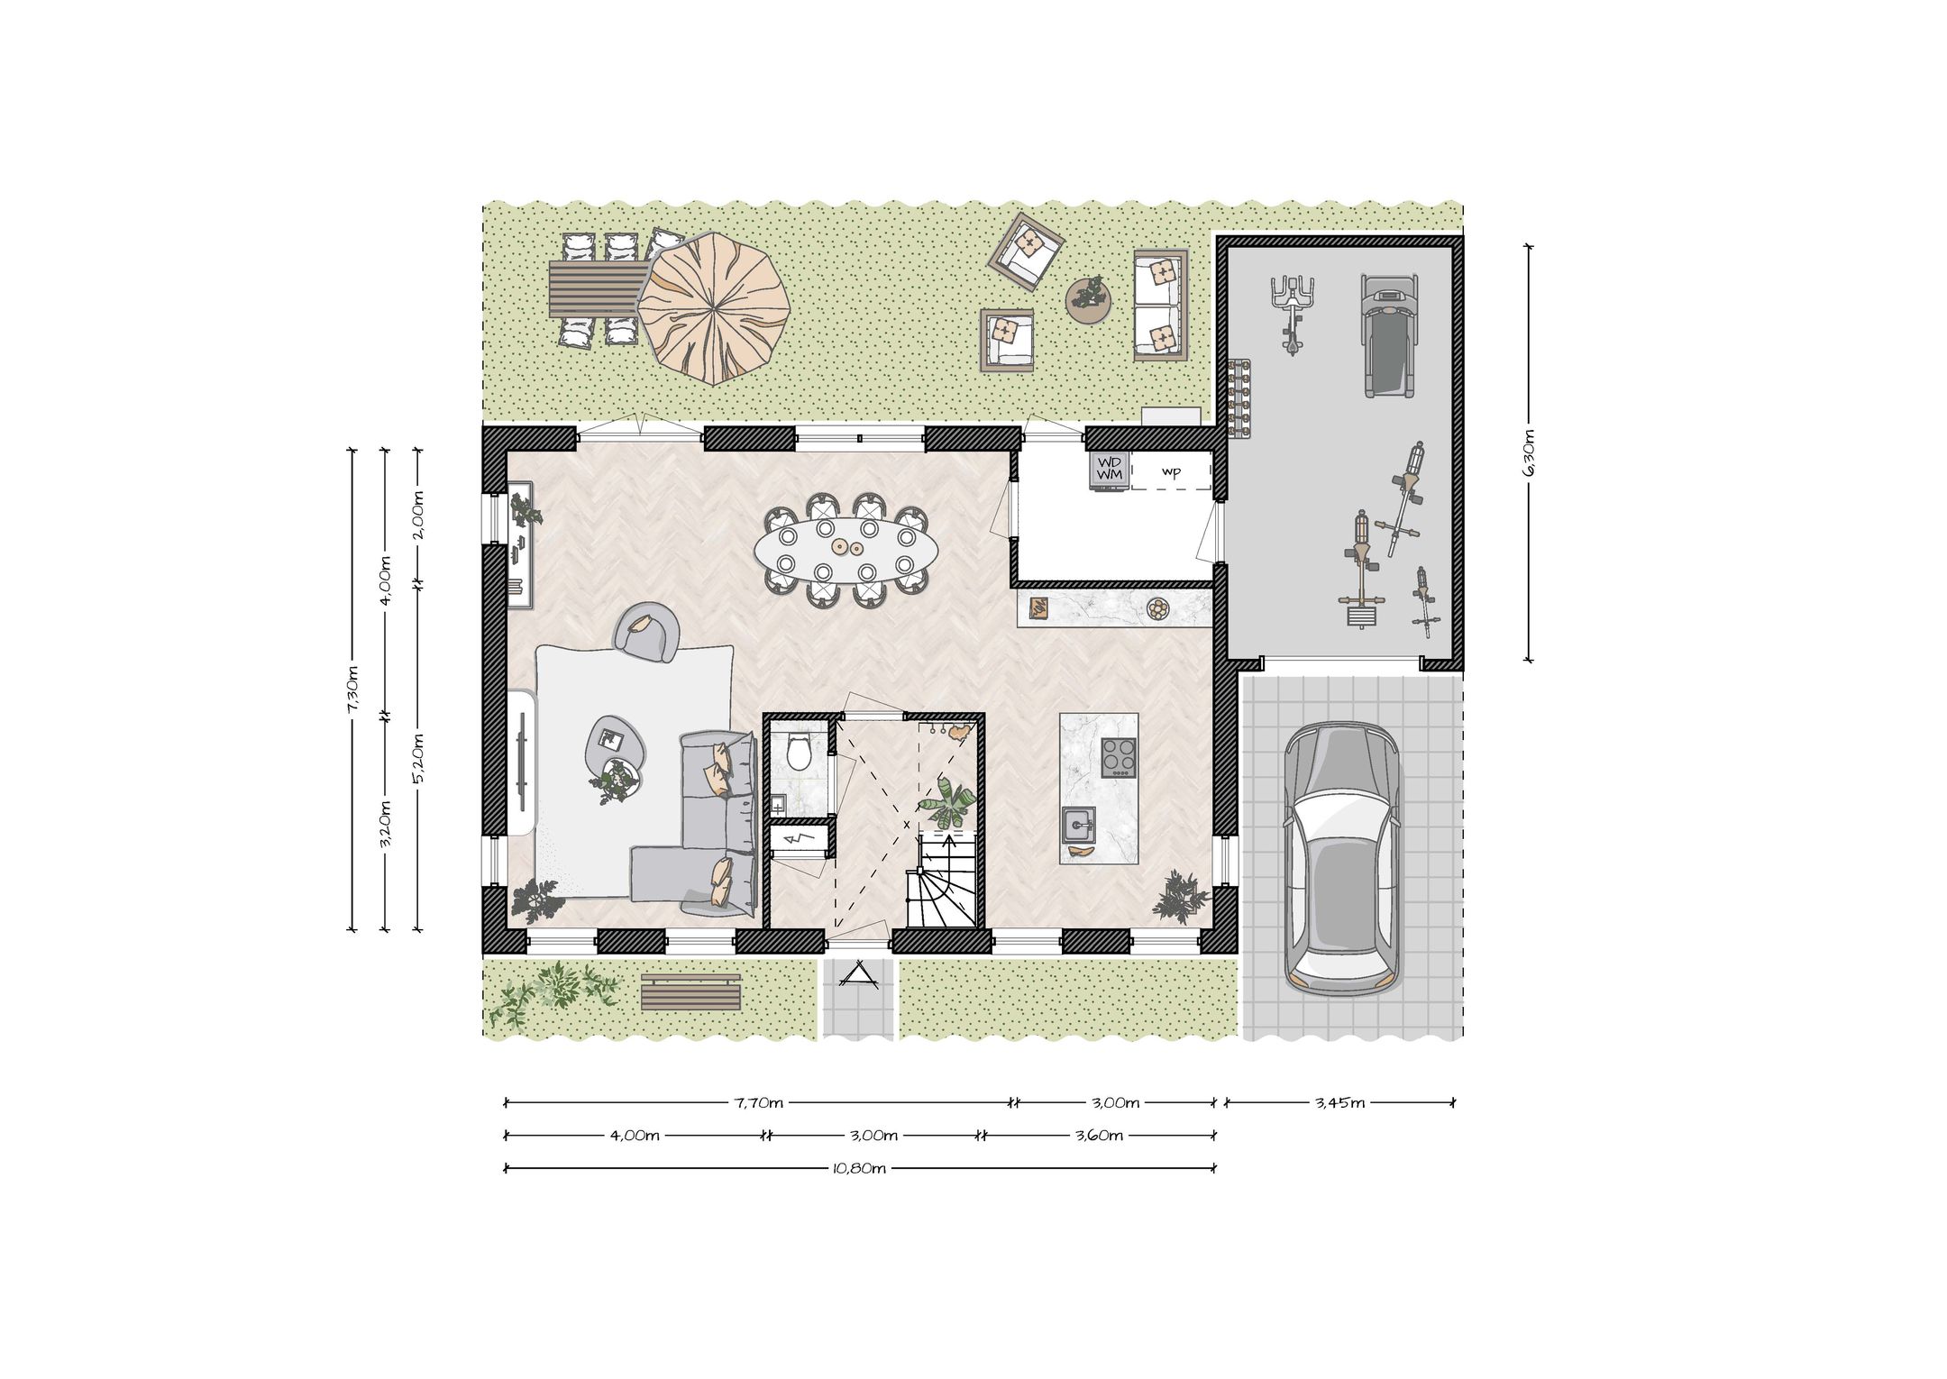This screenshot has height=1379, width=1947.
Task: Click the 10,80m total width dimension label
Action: [860, 1169]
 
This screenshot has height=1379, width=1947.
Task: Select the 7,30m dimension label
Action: [352, 689]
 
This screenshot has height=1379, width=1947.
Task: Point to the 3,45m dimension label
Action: [1339, 1102]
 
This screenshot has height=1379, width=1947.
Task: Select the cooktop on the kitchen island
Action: [1119, 757]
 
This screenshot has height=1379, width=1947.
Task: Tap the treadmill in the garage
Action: [1387, 335]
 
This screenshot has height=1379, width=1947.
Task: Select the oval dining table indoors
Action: [845, 550]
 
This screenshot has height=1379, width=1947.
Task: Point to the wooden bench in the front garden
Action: [690, 992]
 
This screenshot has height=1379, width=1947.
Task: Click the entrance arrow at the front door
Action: [858, 974]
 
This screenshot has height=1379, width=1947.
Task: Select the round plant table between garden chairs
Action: [1090, 298]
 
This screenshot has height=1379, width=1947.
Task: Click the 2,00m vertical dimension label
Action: [418, 515]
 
